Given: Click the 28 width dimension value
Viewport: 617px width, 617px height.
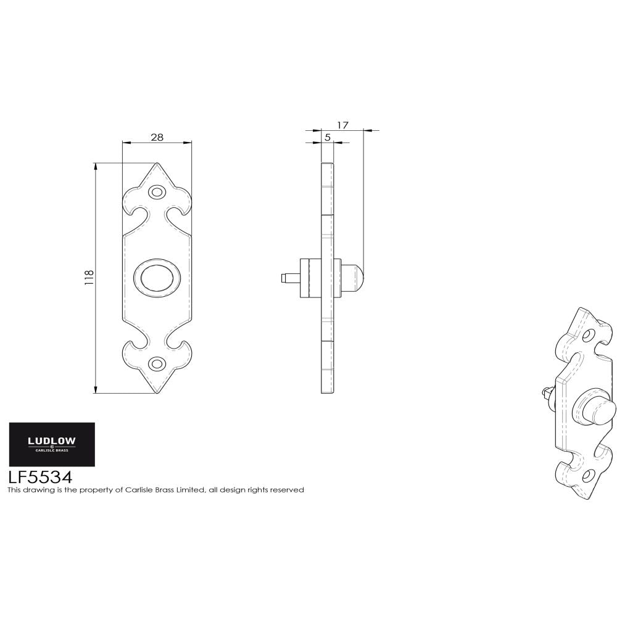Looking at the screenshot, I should (157, 137).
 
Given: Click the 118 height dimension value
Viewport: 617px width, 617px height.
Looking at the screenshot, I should (89, 278).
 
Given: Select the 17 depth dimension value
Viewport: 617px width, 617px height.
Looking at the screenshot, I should (343, 125).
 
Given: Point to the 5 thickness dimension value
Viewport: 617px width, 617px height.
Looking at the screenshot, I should (327, 138).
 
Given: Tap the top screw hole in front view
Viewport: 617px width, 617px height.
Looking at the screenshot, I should (157, 193).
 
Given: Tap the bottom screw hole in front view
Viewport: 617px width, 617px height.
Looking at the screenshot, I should (157, 363).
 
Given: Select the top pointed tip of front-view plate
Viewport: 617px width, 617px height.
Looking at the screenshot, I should (157, 164).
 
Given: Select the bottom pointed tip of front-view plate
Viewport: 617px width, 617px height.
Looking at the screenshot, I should (157, 392).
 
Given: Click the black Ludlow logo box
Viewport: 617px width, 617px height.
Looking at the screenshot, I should (52, 444).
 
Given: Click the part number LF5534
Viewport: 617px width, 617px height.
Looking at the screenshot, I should (40, 477).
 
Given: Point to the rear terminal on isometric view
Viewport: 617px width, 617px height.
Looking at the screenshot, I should (547, 392).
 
